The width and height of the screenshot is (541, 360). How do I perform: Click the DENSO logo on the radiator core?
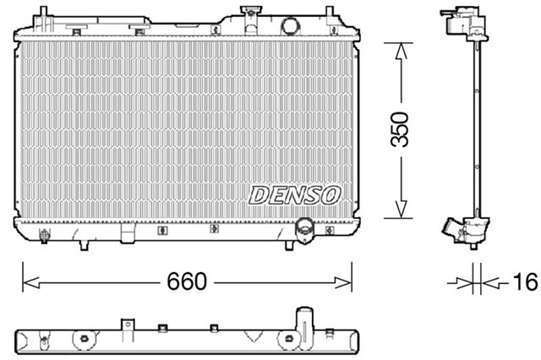click(294, 195)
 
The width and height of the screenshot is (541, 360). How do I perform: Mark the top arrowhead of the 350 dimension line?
click(400, 47)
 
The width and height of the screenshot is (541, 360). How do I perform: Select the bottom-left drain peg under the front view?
click(83, 245)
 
